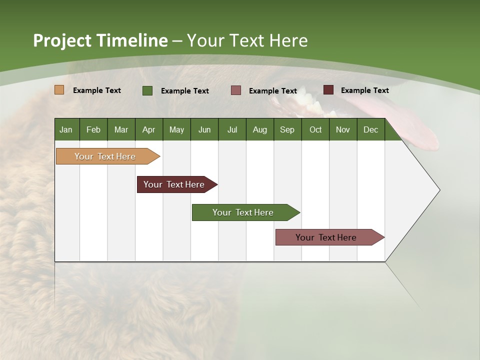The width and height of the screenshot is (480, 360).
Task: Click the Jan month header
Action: click(x=66, y=129)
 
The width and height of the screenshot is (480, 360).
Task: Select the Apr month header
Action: click(x=148, y=129)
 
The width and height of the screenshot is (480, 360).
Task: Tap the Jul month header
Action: click(x=232, y=129)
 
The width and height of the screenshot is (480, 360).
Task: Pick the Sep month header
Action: click(x=287, y=129)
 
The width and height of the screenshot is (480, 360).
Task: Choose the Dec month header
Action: click(x=370, y=129)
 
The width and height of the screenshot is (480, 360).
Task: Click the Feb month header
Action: click(x=93, y=129)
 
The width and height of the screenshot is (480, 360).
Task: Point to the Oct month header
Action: click(x=315, y=129)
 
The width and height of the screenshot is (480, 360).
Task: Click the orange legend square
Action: click(x=59, y=90)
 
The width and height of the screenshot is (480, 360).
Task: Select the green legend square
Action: click(x=147, y=90)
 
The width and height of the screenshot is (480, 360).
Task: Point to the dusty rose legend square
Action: click(x=236, y=90)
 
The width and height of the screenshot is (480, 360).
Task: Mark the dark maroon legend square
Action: click(x=328, y=90)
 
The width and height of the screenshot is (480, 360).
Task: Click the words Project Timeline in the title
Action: click(x=100, y=40)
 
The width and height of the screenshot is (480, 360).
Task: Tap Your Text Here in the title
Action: click(x=247, y=40)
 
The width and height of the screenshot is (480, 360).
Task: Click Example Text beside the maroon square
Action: click(x=364, y=90)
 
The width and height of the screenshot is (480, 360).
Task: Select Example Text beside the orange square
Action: click(x=96, y=90)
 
